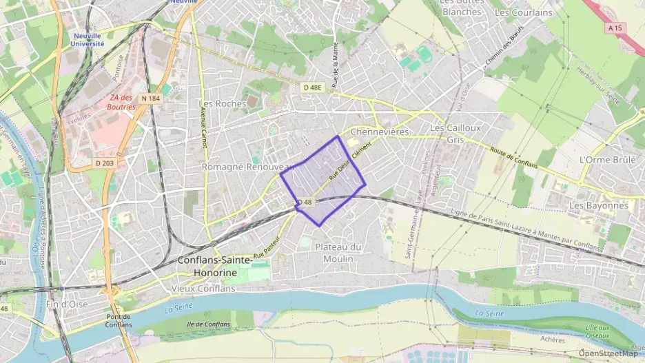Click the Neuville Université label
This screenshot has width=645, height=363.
pos(88,39)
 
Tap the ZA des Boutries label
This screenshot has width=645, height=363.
pos(121,102)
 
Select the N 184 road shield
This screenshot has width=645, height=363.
pos(150,98)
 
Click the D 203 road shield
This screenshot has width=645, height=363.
pos(104,163)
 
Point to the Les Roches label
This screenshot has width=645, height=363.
pos(222,103)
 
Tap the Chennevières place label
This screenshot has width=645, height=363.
pos(380,131)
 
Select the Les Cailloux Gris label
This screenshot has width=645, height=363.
pos(455,133)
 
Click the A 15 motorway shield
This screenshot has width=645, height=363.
pos(615,28)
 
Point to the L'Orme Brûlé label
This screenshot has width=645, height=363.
pos(607,159)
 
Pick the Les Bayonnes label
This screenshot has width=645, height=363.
pos(599,205)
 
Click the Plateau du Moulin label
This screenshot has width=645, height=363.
pos(338,253)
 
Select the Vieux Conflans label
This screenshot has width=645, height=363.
pos(205,288)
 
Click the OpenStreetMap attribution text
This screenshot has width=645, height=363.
pos(608,354)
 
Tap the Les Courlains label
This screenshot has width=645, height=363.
pos(524,12)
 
